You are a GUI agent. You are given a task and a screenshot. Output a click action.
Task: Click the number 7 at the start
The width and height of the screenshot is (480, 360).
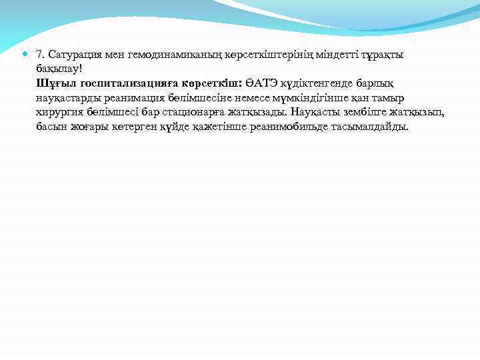coord(40,54)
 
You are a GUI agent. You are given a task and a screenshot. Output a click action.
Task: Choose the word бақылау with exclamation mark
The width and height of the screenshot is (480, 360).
coord(59,69)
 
